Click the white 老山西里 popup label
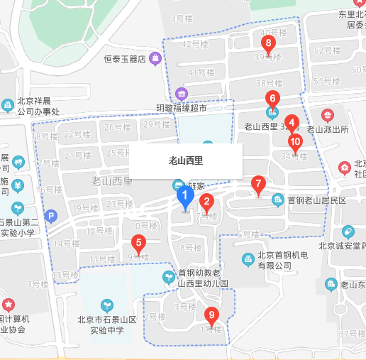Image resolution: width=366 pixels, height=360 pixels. tap(186, 160)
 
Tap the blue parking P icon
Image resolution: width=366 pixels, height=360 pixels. tap(50, 216)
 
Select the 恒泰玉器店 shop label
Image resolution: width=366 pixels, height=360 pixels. tap(124, 59)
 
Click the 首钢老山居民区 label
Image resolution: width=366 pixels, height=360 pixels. tap(316, 200)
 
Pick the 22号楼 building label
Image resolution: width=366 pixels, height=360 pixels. tap(74, 134)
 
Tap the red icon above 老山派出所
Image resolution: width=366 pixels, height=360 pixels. tap(328, 114)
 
